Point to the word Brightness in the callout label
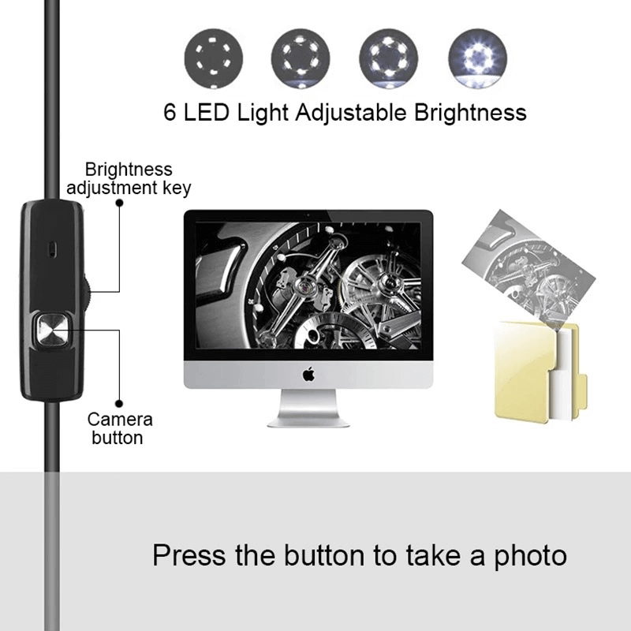tap(128, 170)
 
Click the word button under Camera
tap(118, 438)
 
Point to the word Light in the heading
tap(259, 112)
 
